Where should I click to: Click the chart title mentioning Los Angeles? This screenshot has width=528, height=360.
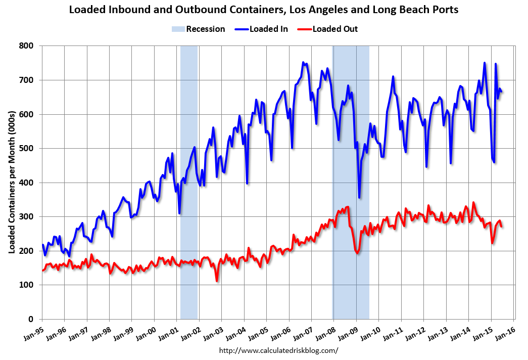tap(264, 9)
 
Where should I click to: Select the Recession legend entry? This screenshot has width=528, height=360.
tap(199, 29)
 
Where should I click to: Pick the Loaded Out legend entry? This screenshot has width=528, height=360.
tap(329, 29)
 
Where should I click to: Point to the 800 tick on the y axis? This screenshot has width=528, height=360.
tap(26, 46)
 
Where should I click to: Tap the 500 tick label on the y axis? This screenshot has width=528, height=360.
tap(26, 149)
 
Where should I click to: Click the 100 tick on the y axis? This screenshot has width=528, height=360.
tap(26, 285)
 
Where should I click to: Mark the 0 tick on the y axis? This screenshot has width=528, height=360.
tap(31, 320)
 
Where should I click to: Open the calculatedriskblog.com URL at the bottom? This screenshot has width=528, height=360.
tap(278, 350)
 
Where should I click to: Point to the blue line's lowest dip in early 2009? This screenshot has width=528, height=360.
tap(359, 197)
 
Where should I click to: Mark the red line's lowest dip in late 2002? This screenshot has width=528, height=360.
tap(217, 281)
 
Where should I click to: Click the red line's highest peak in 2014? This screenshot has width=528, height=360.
tap(473, 203)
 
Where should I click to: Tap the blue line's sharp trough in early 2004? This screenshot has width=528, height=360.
tap(247, 183)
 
